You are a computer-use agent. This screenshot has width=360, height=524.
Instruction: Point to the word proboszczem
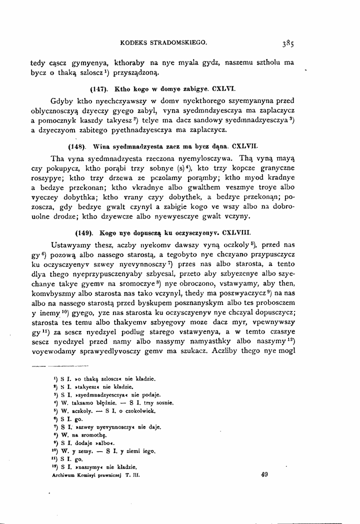coord(272,303)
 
